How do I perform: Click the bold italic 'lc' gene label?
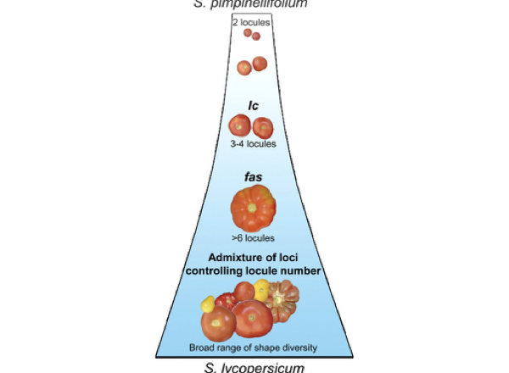click(252, 106)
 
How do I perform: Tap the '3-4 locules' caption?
click(252, 145)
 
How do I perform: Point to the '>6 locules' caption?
click(252, 238)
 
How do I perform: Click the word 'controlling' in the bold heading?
click(221, 271)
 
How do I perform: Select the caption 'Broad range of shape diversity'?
click(252, 347)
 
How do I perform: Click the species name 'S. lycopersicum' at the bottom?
click(252, 366)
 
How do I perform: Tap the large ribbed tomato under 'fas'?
click(252, 209)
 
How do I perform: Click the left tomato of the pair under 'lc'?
click(241, 126)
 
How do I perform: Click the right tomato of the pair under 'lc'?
click(263, 127)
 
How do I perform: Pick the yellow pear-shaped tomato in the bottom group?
click(207, 303)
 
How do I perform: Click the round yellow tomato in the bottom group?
click(262, 289)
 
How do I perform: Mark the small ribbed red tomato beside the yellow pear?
click(226, 301)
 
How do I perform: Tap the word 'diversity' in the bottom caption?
click(293, 347)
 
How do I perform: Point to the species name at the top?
click(252, 4)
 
